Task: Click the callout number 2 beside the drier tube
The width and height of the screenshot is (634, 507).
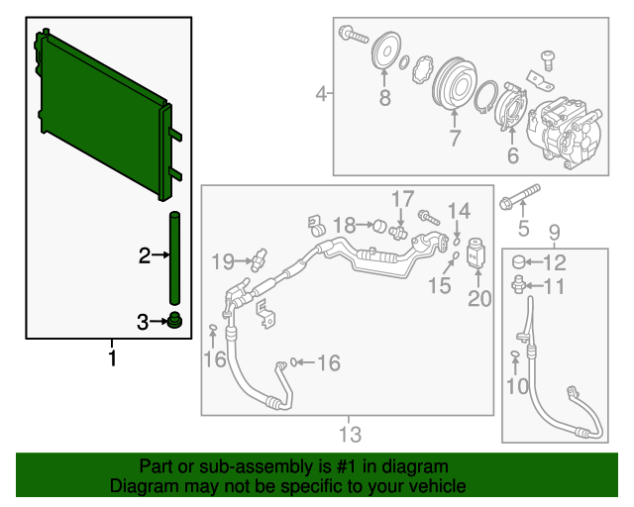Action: [x=145, y=255]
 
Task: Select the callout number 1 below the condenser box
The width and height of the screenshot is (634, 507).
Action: [x=112, y=358]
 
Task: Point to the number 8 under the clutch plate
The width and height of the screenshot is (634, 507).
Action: [x=384, y=97]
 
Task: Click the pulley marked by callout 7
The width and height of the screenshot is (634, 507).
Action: [x=455, y=86]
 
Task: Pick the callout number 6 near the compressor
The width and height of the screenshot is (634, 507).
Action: [x=513, y=155]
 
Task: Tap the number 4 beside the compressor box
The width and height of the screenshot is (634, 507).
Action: [x=321, y=94]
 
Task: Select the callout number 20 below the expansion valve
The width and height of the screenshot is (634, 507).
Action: [x=479, y=298]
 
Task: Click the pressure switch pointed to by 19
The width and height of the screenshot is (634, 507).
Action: [x=259, y=259]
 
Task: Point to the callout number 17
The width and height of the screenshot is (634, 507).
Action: [x=403, y=198]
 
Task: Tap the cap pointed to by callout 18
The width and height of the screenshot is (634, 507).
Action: [x=380, y=226]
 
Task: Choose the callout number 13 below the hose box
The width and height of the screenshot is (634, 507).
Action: [x=350, y=435]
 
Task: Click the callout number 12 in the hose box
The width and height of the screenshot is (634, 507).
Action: [x=555, y=262]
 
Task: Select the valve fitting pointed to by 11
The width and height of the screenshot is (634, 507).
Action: [x=518, y=283]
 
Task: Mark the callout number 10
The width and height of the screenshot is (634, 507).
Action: [x=517, y=386]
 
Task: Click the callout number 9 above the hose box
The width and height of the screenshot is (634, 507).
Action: [x=554, y=233]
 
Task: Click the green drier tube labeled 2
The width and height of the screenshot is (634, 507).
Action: [x=174, y=257]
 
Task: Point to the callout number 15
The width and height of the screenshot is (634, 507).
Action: [x=440, y=285]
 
